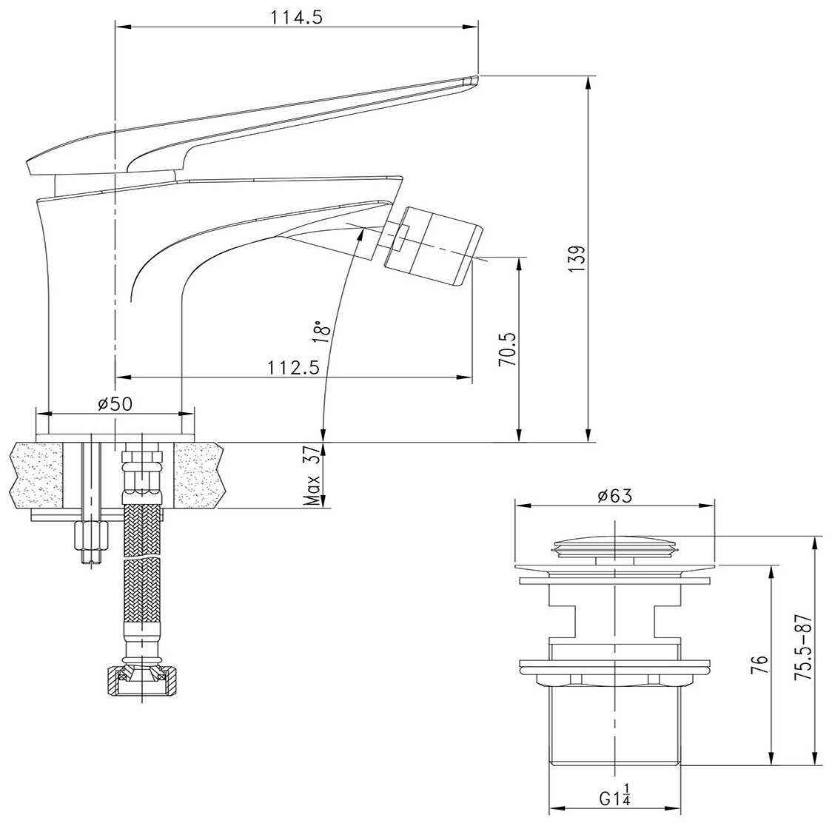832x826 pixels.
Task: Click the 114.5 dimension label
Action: pos(296,17)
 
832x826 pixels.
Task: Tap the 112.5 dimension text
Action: pos(293,366)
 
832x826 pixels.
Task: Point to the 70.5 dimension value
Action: pos(507,349)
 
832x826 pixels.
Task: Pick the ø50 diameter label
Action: pos(115,403)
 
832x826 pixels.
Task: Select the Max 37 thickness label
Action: pos(313,475)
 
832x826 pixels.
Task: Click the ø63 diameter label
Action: pos(615,495)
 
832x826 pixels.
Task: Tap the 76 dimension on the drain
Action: pos(759,665)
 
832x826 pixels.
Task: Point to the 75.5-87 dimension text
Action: pos(803,647)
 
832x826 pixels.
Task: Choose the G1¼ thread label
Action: pos(615,795)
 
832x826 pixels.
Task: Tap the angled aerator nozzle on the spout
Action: pos(434,245)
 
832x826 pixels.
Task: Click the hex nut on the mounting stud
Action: pos(91,537)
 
